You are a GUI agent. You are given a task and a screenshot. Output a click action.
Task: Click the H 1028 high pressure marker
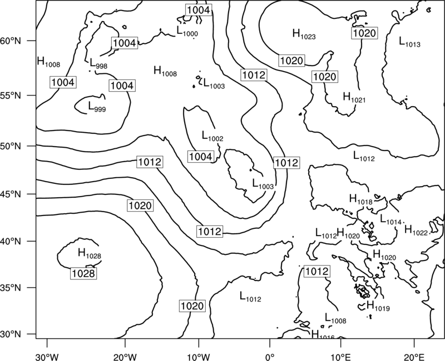coord(90,253)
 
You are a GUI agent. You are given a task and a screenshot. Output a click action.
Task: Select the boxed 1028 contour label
coord(83,273)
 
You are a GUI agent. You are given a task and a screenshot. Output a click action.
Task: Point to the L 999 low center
coord(97,107)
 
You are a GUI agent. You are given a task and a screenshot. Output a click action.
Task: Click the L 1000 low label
coord(187,31)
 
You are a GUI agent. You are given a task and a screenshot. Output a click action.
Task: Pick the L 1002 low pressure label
coord(212,136)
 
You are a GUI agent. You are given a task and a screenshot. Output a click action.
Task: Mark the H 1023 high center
coord(304,34)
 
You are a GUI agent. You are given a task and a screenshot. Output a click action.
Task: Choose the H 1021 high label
coord(354,98)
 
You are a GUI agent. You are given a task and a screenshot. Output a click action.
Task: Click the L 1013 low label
coord(409,42)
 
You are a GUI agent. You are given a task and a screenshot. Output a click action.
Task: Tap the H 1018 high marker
coord(360,199)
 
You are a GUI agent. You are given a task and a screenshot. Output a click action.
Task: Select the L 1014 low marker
coord(391,219)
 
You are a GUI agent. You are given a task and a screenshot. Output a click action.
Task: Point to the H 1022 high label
coord(416,230)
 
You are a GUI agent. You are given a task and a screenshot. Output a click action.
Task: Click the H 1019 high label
coord(378,306)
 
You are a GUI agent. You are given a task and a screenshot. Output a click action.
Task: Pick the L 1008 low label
coord(335,318)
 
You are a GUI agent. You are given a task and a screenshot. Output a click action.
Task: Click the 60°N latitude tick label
coord(11,41)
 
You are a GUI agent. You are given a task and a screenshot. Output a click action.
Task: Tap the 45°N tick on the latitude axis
coord(11,194)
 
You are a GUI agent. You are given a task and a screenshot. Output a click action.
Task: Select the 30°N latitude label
coord(11,334)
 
